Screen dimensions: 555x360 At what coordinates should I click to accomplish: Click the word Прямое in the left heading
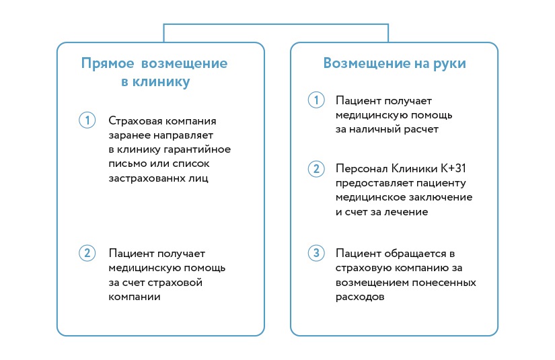click(x=108, y=64)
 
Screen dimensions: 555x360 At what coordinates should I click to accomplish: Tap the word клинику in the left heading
click(x=161, y=82)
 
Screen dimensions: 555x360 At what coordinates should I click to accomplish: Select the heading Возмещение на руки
click(x=395, y=64)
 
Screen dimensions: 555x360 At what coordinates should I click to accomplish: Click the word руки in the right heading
click(x=449, y=64)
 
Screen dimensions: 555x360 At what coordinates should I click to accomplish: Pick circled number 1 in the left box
click(x=87, y=120)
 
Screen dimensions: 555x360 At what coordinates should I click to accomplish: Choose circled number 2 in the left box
click(x=87, y=253)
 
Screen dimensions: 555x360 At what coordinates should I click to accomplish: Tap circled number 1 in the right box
click(x=316, y=100)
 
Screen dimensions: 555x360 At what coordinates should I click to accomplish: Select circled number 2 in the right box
click(x=316, y=168)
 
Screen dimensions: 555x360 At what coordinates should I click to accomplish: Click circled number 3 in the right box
click(x=316, y=253)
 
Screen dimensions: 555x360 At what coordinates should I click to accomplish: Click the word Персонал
click(x=362, y=168)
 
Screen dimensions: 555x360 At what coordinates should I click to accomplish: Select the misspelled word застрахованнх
click(x=146, y=178)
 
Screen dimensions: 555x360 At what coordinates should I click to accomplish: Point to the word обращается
click(x=415, y=254)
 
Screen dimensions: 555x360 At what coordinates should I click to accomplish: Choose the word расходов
click(x=360, y=297)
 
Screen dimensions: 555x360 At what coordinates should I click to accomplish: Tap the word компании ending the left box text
click(x=135, y=297)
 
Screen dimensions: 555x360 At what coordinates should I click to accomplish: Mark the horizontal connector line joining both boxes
click(x=276, y=24)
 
